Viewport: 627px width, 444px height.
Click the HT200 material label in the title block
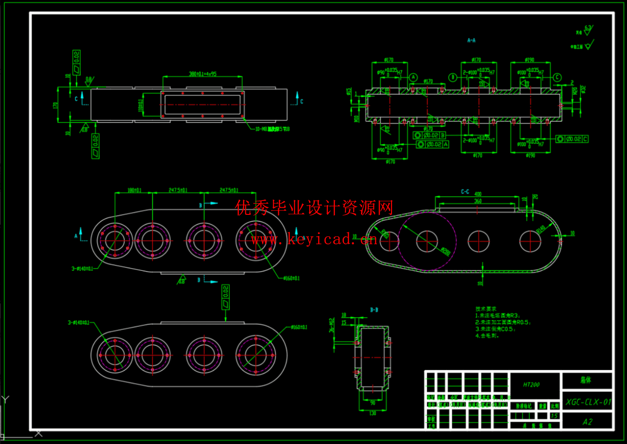[x=531, y=384]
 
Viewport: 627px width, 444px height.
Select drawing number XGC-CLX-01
[x=588, y=402]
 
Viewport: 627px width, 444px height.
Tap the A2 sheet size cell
[x=587, y=422]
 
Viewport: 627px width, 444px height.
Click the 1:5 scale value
[x=554, y=416]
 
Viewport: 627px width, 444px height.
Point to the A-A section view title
[x=471, y=41]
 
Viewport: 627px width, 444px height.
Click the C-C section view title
[x=465, y=192]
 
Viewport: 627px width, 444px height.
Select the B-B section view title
[x=374, y=310]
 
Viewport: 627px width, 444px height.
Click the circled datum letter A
[x=413, y=77]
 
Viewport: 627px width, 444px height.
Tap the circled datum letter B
[x=453, y=77]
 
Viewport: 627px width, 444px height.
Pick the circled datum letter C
[x=557, y=77]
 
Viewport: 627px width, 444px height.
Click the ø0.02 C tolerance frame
[x=572, y=139]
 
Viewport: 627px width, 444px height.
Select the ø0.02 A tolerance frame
[x=432, y=144]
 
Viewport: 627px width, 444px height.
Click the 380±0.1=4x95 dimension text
[x=202, y=74]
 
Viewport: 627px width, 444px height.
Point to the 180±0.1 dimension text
[x=134, y=190]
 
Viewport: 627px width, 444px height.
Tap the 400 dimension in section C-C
[x=478, y=194]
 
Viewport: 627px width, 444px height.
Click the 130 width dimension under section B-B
[x=373, y=413]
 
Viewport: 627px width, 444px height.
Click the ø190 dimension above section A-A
[x=530, y=60]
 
